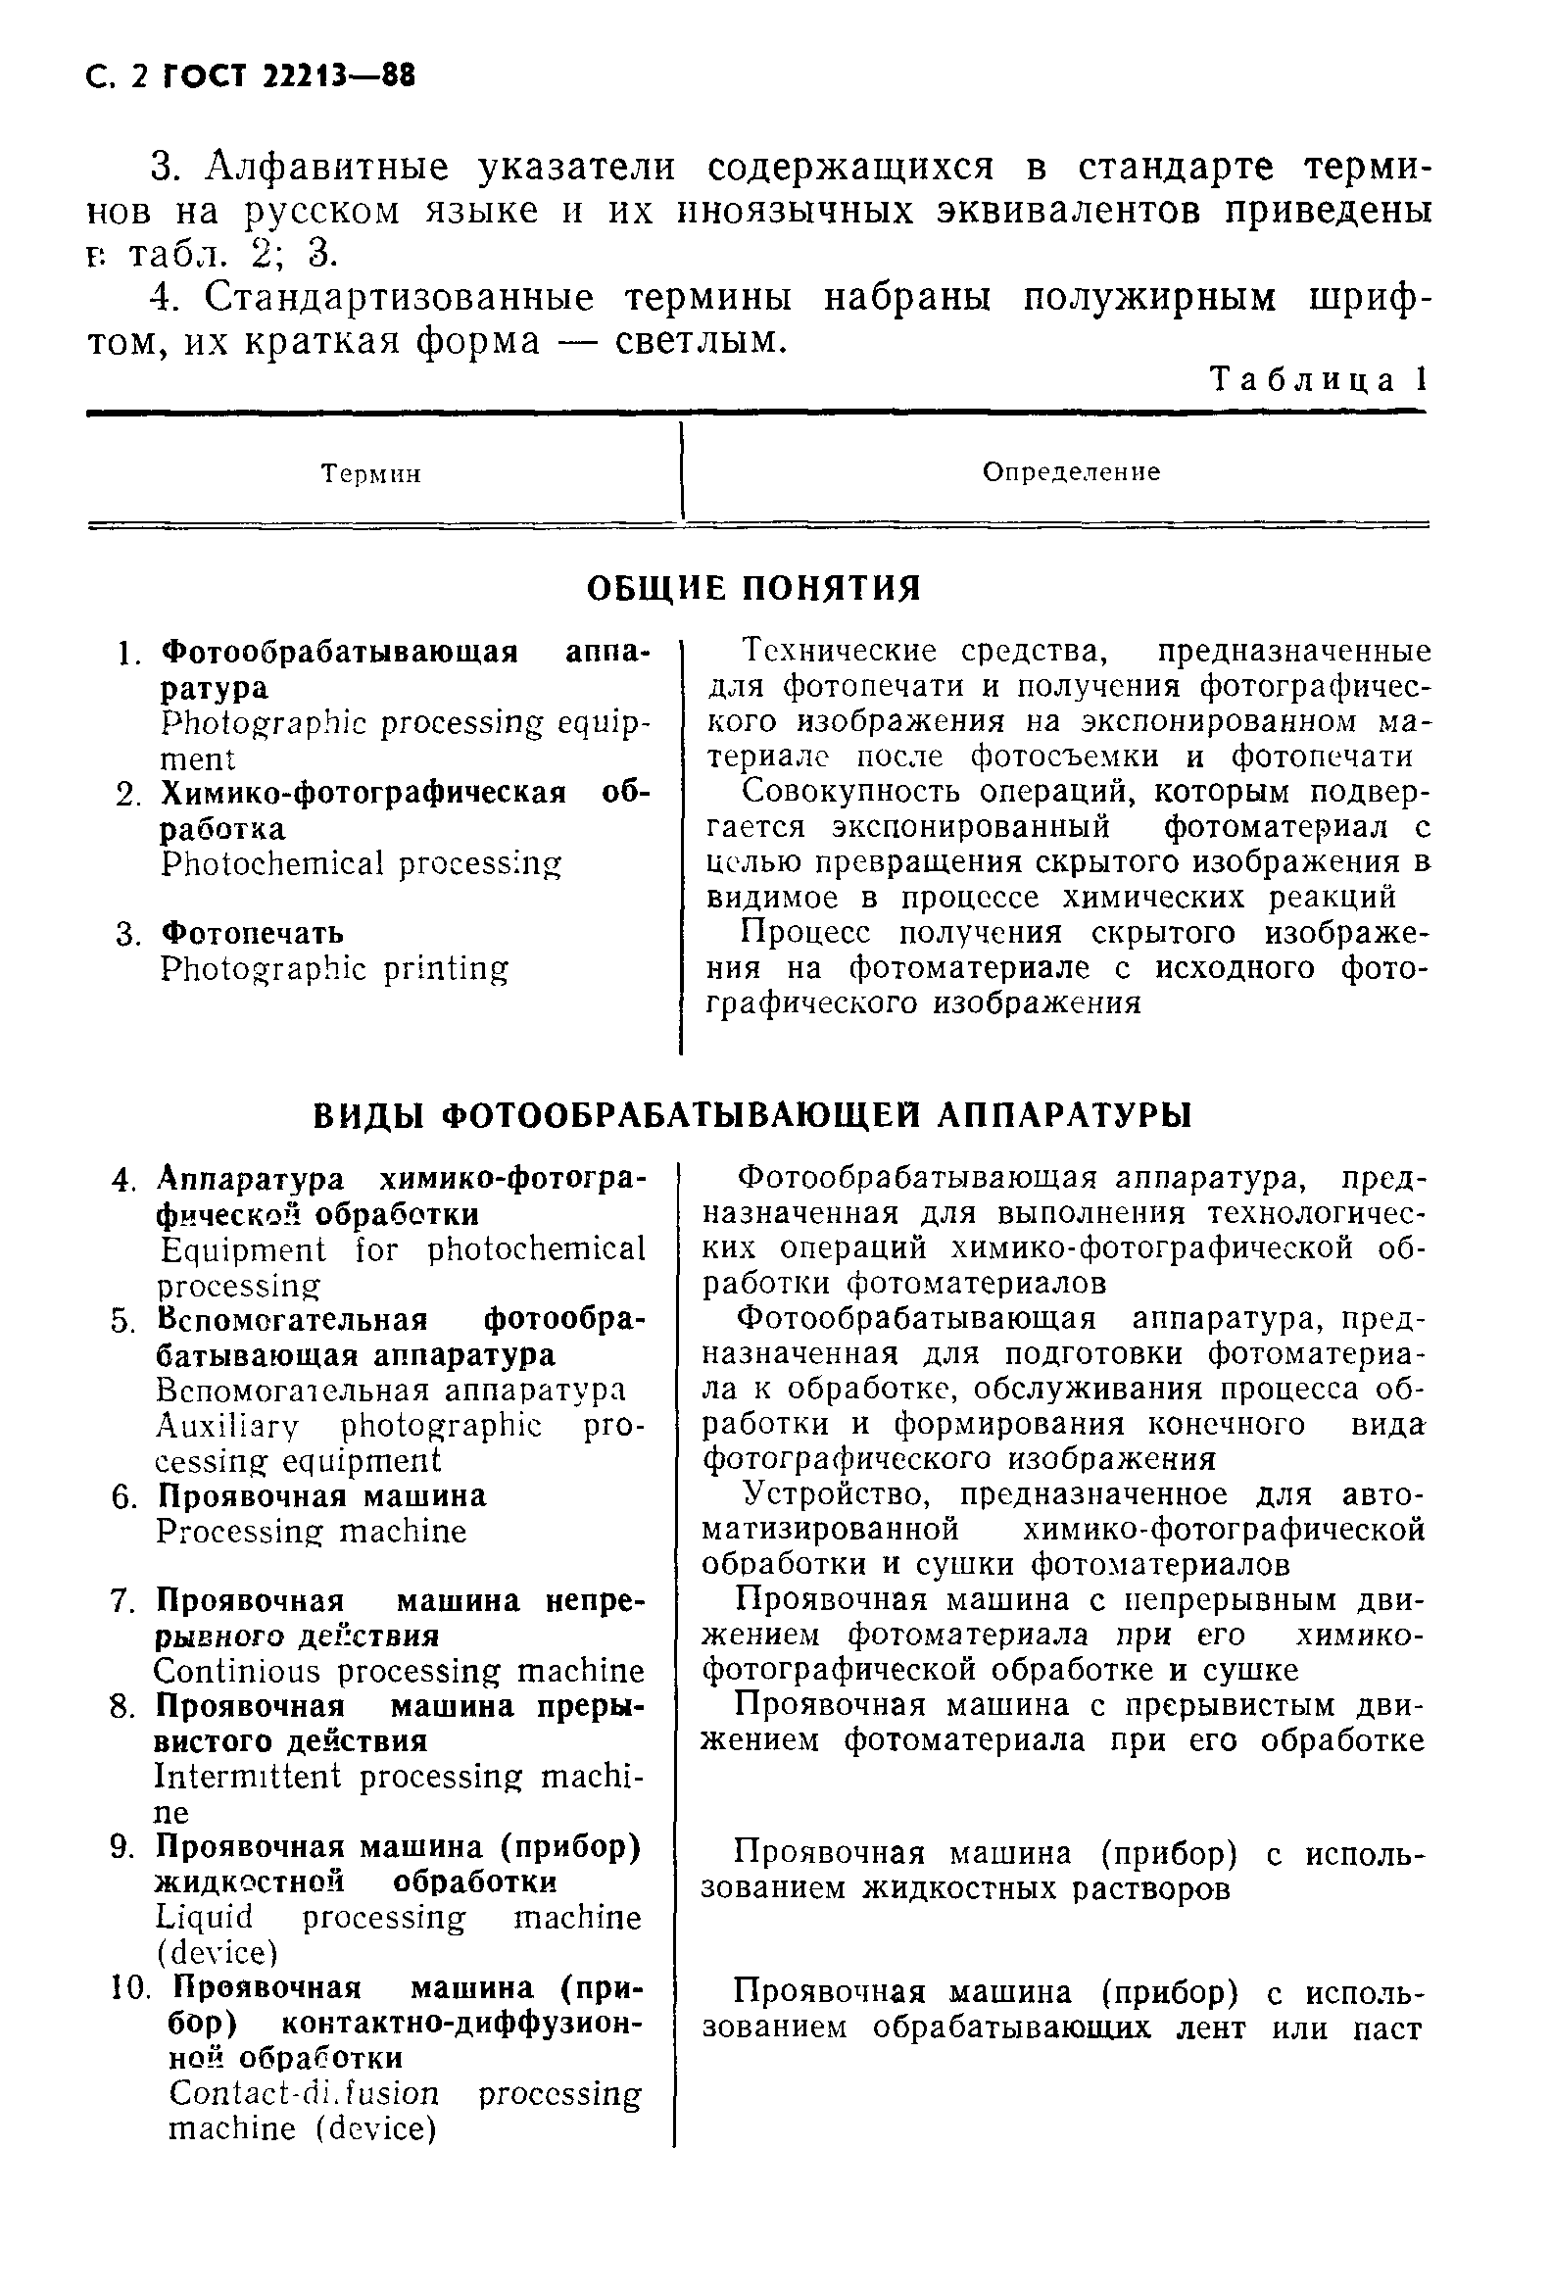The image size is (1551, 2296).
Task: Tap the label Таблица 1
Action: tap(1319, 380)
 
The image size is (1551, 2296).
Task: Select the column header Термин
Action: tap(371, 475)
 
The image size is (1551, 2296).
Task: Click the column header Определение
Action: tap(1071, 472)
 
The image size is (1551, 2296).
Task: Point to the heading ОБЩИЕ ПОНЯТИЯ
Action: tap(753, 589)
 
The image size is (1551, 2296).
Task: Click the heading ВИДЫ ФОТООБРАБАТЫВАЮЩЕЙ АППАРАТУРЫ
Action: tap(752, 1115)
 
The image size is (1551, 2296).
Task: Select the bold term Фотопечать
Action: tap(253, 933)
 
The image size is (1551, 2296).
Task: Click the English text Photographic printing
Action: tap(335, 968)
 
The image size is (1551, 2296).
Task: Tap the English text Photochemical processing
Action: tap(361, 864)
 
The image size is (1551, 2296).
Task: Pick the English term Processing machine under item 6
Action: tap(312, 1533)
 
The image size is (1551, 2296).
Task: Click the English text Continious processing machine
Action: tap(399, 1672)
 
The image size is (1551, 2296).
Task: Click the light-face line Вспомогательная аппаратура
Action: tap(391, 1392)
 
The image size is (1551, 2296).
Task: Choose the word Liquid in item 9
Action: tap(205, 1918)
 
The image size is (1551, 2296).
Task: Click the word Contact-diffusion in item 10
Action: tap(304, 2093)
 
